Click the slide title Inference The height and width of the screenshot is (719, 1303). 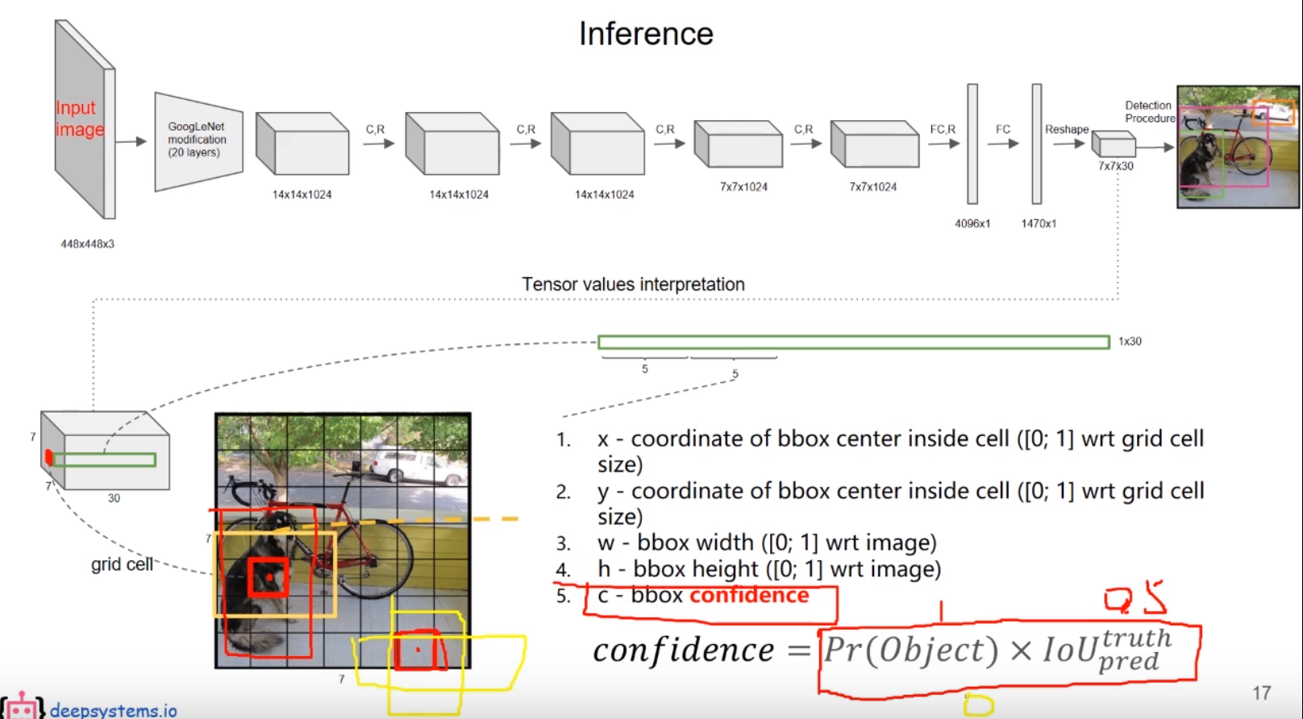click(646, 34)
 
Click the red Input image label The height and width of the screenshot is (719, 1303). click(79, 118)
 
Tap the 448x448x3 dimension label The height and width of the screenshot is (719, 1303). click(87, 243)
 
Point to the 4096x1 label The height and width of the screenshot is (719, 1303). click(972, 223)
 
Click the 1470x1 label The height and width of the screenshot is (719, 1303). click(1039, 223)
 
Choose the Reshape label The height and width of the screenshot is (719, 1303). click(1066, 129)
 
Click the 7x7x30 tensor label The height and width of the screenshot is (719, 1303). click(1115, 166)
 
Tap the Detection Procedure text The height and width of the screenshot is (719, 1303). click(1149, 111)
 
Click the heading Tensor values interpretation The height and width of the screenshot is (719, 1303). click(633, 284)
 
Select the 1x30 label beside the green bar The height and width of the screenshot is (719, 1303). click(1130, 341)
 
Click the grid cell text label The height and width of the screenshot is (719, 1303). click(122, 564)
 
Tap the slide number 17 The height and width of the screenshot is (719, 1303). click(1261, 692)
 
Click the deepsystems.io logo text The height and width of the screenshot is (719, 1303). click(113, 710)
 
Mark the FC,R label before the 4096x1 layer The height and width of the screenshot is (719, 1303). click(942, 129)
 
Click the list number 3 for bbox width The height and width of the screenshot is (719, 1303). click(563, 543)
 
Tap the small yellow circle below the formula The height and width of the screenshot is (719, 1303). click(978, 706)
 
